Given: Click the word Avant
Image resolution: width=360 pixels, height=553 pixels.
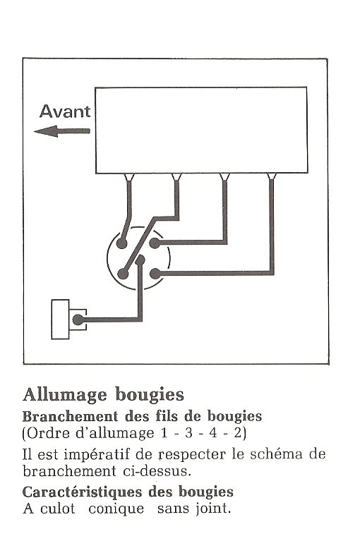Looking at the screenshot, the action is pos(65,111).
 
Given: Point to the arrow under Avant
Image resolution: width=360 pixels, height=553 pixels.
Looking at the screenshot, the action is pos(62,131).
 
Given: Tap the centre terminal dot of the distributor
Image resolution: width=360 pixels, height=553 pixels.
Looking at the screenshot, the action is pos(140,260).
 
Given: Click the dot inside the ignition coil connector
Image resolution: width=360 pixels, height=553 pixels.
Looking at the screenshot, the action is pos(78,320).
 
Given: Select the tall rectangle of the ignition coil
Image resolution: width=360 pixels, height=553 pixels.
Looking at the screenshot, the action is pos(61,319).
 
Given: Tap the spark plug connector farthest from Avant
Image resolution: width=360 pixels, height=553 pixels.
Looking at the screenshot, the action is pos(271,176).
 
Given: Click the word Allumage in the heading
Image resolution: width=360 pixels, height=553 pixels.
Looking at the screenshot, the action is pos(65,395).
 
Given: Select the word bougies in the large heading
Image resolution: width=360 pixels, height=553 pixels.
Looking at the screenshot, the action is pos(150,395).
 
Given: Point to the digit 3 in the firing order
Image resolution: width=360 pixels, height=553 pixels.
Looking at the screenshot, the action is pos(189,433).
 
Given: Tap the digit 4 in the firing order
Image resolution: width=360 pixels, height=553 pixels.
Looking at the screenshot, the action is pos(213,433).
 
